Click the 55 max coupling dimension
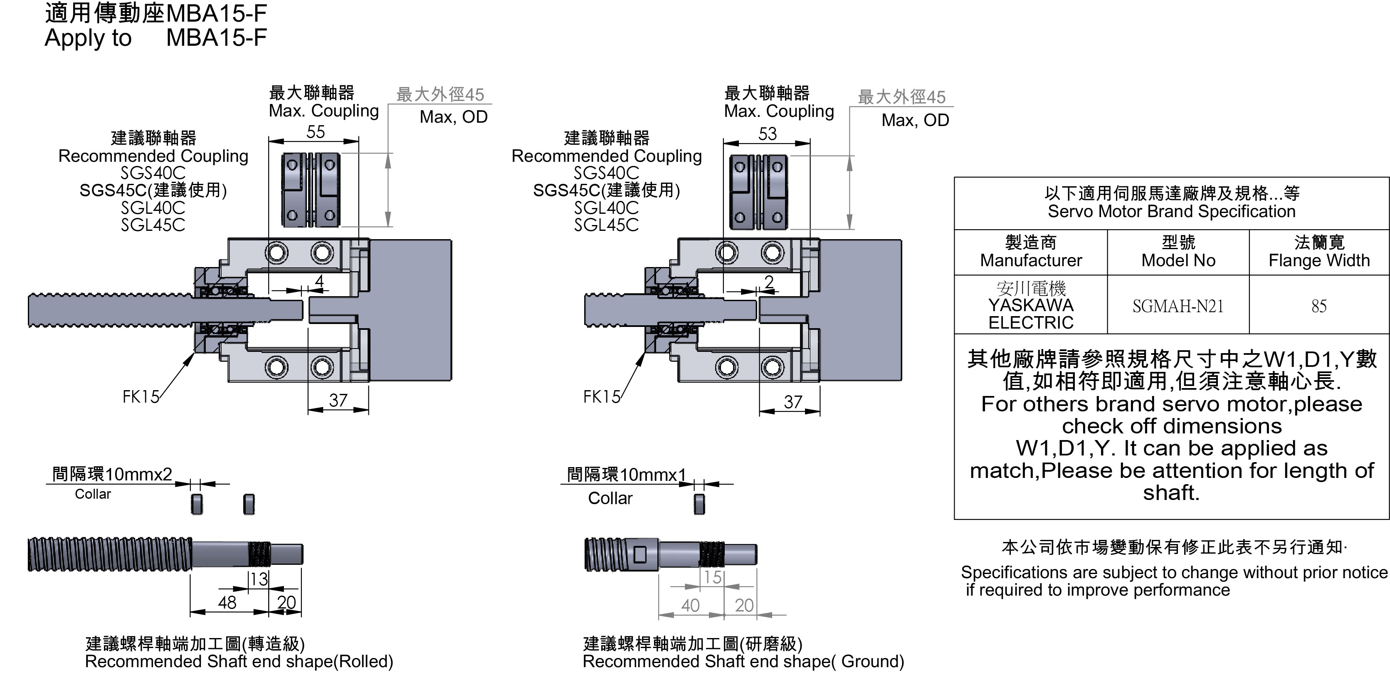316,132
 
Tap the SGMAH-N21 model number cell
1178,306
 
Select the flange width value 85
1319,306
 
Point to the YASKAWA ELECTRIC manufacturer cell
1031,305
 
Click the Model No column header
1178,252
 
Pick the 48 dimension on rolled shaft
227,602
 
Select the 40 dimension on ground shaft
690,606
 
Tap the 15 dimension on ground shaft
713,577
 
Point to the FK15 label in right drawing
602,397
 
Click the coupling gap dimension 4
319,281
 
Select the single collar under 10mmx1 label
699,504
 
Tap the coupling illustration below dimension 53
759,192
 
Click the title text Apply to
88,38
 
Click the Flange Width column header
1319,252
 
